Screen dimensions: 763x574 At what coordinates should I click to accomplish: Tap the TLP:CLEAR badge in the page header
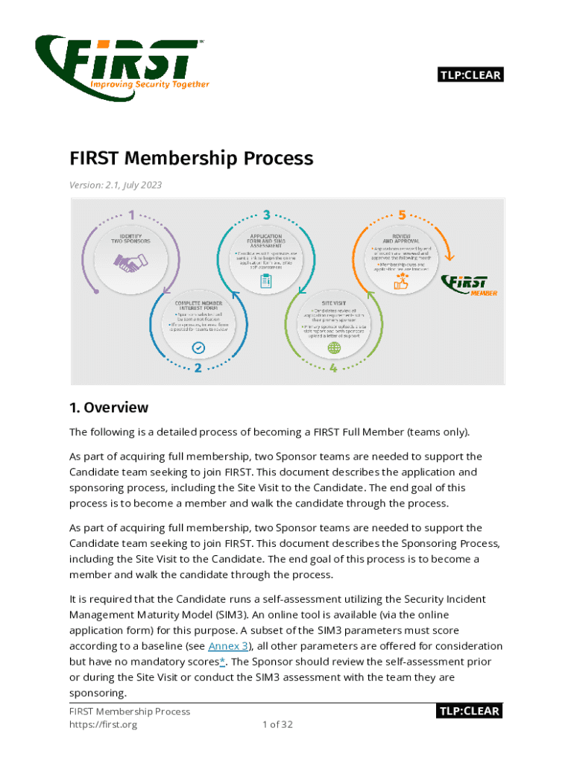[470, 75]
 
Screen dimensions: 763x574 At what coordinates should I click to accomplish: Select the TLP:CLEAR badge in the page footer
[470, 711]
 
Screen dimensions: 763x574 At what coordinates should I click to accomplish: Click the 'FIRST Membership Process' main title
[192, 159]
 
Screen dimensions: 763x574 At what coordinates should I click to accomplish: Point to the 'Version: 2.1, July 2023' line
[116, 185]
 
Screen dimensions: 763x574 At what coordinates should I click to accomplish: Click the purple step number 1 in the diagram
[131, 215]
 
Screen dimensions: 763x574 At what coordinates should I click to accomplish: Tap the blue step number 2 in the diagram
[198, 368]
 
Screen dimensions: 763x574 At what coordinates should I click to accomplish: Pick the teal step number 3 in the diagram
[266, 215]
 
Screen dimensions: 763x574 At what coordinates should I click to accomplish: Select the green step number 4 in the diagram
[333, 368]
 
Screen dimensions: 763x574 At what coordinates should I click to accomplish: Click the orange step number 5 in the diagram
[402, 215]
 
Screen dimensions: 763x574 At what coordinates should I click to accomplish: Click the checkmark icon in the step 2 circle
[198, 347]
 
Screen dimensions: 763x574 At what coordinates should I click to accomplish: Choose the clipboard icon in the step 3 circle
[266, 281]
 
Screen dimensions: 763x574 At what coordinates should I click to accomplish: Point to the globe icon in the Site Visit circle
[333, 347]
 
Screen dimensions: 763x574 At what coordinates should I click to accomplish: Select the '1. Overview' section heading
[109, 408]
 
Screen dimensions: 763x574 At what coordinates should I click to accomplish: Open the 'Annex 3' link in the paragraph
[229, 646]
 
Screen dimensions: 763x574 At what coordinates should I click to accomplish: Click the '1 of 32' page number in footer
[277, 724]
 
